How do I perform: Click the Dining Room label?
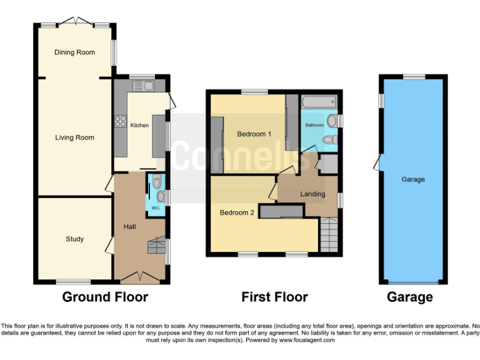click(x=74, y=52)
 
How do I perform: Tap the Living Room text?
click(x=74, y=137)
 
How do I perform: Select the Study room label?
click(x=74, y=239)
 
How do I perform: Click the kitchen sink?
click(x=147, y=86)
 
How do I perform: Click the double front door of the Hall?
click(x=139, y=276)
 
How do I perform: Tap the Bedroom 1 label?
click(x=254, y=134)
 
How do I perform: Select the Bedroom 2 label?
click(x=236, y=212)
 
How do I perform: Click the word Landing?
click(x=312, y=194)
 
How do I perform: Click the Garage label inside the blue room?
click(x=412, y=179)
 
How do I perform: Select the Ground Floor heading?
click(x=104, y=297)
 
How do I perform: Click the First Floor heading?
click(x=274, y=297)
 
